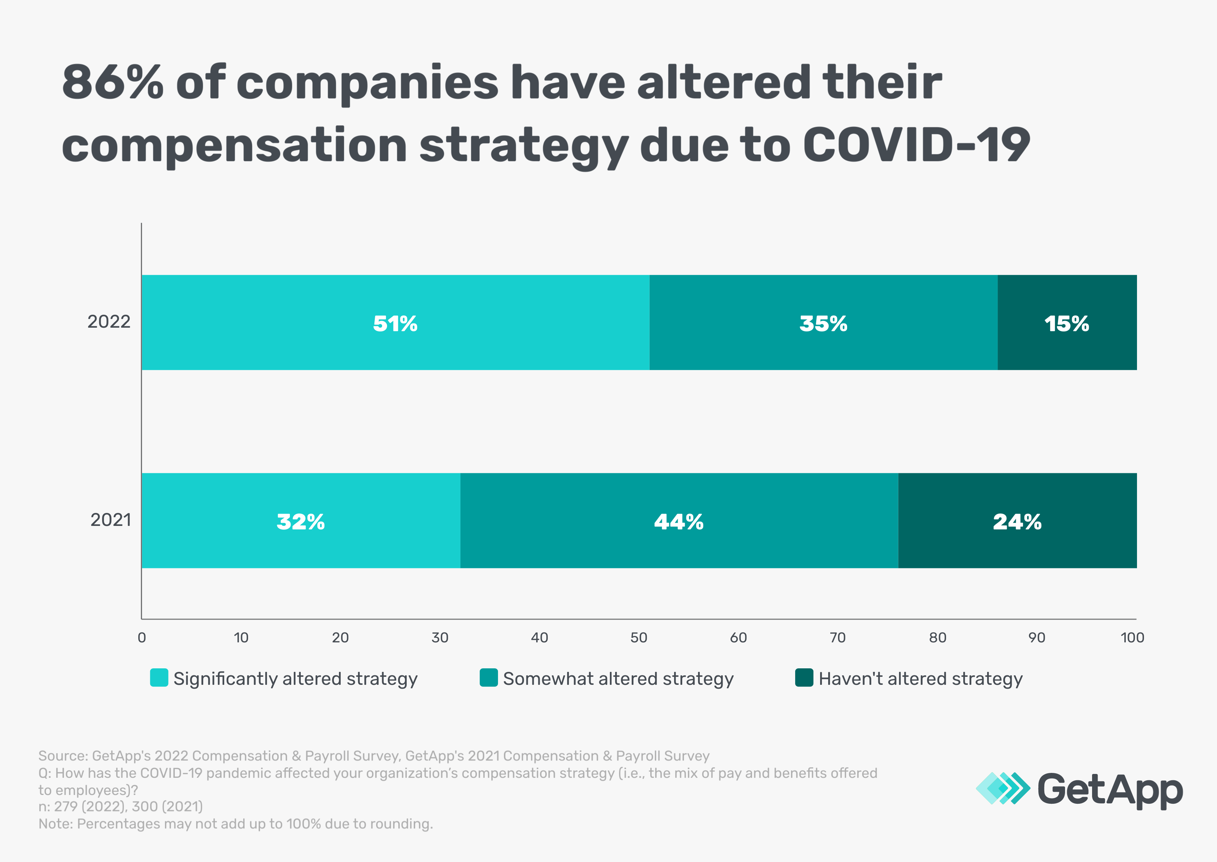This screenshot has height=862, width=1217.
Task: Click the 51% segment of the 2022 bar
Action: tap(395, 322)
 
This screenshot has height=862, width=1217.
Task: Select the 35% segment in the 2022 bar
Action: tap(823, 322)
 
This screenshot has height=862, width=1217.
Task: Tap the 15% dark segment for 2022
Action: tap(1067, 322)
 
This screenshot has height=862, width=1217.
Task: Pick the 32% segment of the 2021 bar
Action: tap(300, 521)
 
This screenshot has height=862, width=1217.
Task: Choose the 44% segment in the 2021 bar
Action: tap(679, 521)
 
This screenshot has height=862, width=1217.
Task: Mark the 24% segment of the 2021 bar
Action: tap(1017, 521)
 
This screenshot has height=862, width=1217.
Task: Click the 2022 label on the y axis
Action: tap(109, 322)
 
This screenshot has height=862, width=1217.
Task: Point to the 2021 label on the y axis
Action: tap(111, 520)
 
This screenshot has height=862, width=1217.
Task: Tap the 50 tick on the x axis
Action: tap(639, 637)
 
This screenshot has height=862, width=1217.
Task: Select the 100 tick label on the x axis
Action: tap(1132, 637)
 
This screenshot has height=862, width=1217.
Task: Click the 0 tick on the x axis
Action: tap(142, 637)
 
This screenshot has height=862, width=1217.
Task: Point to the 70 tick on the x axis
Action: tap(838, 637)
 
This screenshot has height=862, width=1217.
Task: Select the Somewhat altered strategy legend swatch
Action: tap(488, 678)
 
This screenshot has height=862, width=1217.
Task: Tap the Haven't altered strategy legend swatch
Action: tap(804, 678)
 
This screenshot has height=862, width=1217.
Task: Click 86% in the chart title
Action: tap(113, 82)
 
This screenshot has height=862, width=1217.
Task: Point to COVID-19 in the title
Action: tap(916, 145)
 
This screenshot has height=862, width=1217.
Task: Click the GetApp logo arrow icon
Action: tap(1003, 788)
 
